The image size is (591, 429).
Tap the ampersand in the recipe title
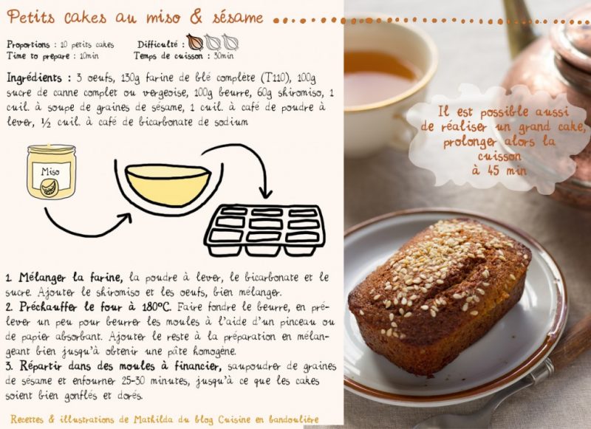tap(196, 17)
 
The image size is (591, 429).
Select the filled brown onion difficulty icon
tap(194, 42)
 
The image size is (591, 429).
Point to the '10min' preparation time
tap(89, 56)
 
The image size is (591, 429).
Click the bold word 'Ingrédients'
tap(34, 78)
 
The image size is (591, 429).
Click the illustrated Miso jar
tap(51, 172)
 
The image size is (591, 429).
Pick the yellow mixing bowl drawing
tap(168, 185)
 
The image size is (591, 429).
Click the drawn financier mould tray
tap(264, 230)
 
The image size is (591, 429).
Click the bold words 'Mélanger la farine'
tap(70, 278)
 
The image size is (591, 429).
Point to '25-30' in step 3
tap(134, 381)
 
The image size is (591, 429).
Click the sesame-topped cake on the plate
tap(439, 295)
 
